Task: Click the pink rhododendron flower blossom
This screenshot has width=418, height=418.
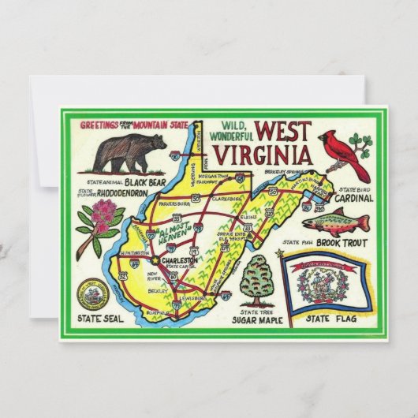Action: pyautogui.click(x=103, y=215)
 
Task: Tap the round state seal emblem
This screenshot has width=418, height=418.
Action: pyautogui.click(x=94, y=296)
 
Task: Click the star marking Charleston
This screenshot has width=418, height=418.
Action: pyautogui.click(x=155, y=263)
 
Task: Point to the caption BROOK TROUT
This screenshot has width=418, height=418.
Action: pyautogui.click(x=334, y=242)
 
